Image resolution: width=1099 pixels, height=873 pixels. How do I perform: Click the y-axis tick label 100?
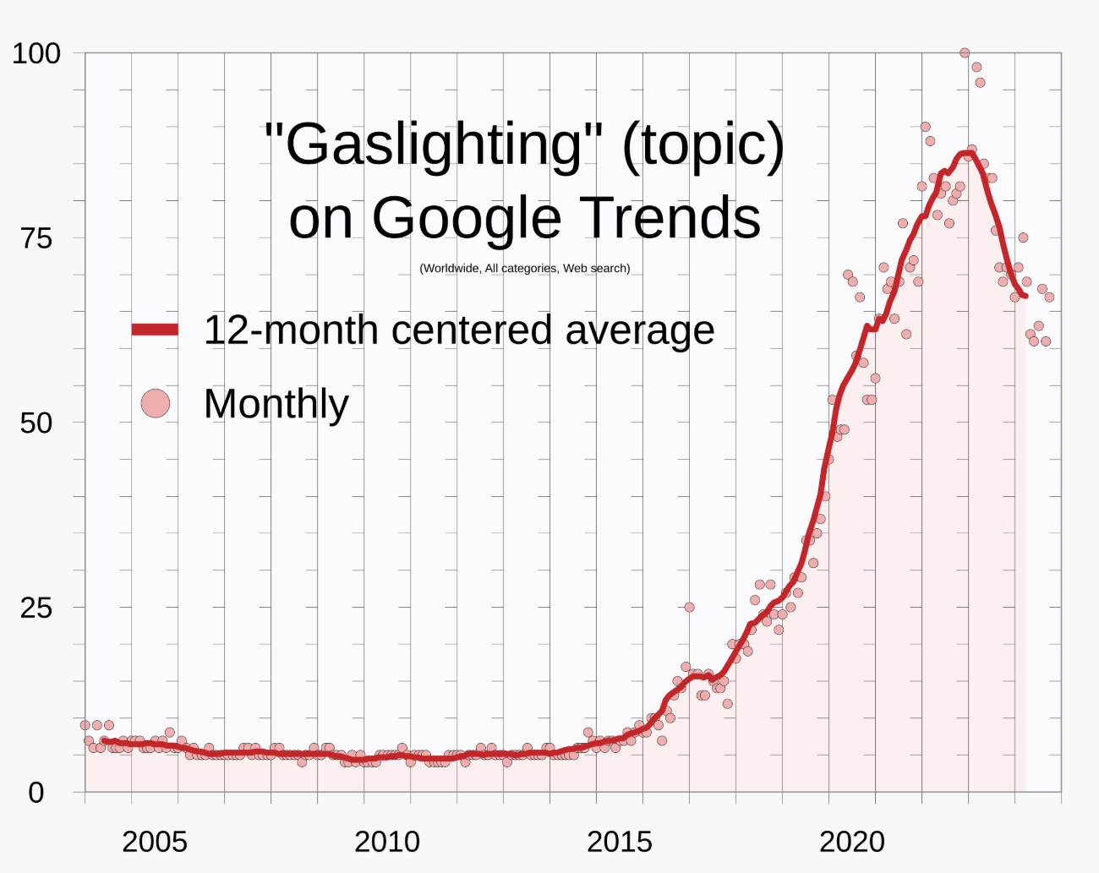click(36, 54)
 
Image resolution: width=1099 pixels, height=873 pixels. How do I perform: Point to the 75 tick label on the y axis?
click(36, 238)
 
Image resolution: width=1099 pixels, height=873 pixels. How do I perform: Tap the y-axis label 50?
click(36, 423)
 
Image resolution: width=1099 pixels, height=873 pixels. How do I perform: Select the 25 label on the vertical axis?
click(36, 608)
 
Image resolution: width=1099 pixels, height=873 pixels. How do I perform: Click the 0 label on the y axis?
click(36, 793)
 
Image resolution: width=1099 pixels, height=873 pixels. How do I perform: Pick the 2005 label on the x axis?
click(154, 842)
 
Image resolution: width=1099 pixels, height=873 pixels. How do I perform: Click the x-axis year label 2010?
click(386, 842)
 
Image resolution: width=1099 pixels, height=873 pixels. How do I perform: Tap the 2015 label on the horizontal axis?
click(619, 842)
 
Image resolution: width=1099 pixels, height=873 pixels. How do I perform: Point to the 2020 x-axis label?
click(851, 842)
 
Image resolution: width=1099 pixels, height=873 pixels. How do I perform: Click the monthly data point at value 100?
click(965, 53)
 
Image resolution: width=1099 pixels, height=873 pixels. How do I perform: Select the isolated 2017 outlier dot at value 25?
click(689, 608)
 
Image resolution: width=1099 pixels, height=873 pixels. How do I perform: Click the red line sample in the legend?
click(156, 330)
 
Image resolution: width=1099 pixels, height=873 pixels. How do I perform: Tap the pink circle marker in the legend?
click(156, 403)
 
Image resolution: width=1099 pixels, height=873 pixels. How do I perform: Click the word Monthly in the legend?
click(276, 404)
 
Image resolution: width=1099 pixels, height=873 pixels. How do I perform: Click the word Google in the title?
click(466, 218)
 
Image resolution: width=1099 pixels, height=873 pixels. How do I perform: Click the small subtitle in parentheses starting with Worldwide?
click(524, 269)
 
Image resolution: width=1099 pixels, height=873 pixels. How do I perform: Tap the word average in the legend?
click(639, 330)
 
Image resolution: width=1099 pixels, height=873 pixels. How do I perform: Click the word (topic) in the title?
click(703, 145)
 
